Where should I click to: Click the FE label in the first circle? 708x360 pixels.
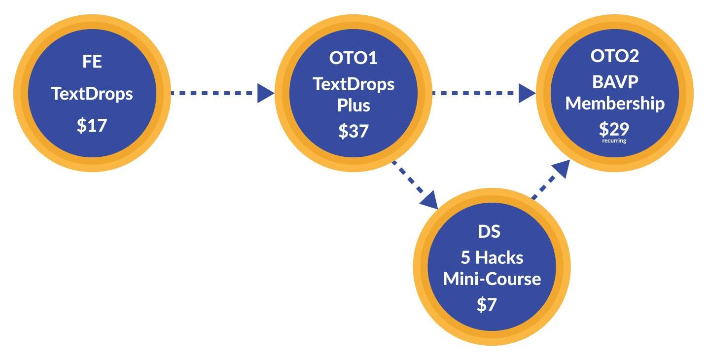[92, 63]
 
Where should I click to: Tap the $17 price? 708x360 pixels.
[92, 125]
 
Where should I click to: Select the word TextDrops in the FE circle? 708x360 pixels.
[92, 94]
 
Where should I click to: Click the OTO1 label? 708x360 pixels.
[353, 58]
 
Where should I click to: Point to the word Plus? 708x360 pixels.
[353, 105]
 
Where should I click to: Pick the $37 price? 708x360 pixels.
[353, 131]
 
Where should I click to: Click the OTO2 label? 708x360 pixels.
[614, 56]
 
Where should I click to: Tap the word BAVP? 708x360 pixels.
[614, 81]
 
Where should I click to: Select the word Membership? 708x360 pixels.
[614, 104]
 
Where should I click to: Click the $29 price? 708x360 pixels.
[614, 129]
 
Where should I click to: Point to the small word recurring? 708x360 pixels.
[614, 141]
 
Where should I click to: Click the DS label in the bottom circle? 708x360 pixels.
[489, 231]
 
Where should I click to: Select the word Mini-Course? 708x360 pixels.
[492, 279]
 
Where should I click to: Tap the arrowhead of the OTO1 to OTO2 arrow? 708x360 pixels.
[527, 93]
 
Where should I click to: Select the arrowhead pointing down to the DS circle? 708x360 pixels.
[430, 200]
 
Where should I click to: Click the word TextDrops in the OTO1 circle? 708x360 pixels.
[354, 84]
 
